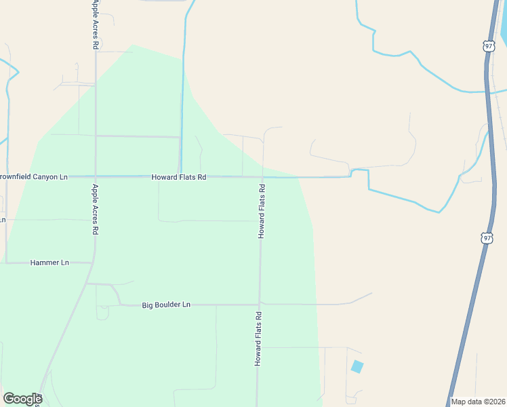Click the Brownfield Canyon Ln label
click(34, 177)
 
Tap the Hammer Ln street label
click(50, 263)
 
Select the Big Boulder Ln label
click(166, 305)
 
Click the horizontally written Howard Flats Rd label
click(178, 177)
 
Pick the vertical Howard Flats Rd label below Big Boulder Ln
click(258, 339)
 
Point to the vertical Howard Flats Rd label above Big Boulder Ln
click(261, 210)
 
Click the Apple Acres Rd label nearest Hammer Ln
click(96, 209)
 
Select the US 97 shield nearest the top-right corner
click(489, 45)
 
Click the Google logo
click(22, 399)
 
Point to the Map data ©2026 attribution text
click(478, 402)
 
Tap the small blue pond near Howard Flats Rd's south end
click(357, 367)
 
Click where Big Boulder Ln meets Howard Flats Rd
click(259, 304)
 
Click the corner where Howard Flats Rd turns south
click(262, 178)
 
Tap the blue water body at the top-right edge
click(504, 27)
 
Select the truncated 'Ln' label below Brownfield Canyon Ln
click(3, 220)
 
